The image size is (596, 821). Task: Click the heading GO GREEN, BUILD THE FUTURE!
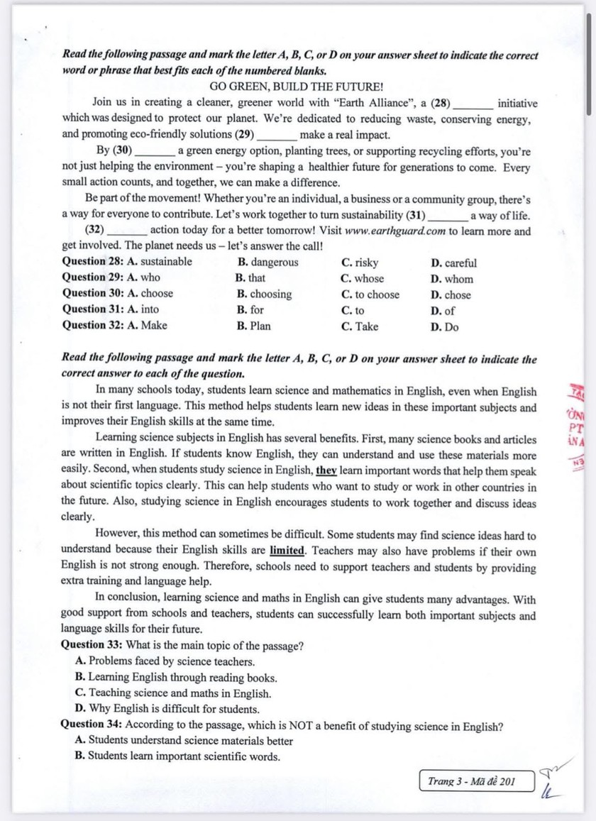pyautogui.click(x=297, y=87)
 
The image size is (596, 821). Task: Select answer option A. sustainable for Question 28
pyautogui.click(x=158, y=263)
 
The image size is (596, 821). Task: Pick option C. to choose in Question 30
pyautogui.click(x=370, y=294)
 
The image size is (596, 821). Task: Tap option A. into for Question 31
pyautogui.click(x=142, y=309)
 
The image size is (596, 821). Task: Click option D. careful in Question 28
pyautogui.click(x=454, y=263)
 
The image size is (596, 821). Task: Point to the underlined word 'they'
pyautogui.click(x=326, y=470)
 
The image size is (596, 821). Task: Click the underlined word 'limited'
pyautogui.click(x=287, y=551)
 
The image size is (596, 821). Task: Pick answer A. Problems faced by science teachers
pyautogui.click(x=161, y=661)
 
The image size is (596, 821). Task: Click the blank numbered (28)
pyautogui.click(x=473, y=104)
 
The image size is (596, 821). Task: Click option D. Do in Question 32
pyautogui.click(x=445, y=326)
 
